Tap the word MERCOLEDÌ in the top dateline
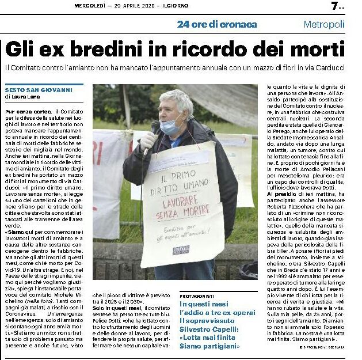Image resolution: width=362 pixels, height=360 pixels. [94, 6]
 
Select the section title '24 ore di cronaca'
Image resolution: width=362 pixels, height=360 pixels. [217, 24]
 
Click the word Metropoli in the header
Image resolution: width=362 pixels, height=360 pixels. [324, 24]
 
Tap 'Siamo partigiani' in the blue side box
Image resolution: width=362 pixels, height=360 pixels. [207, 346]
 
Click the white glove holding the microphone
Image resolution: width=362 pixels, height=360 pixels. [148, 141]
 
